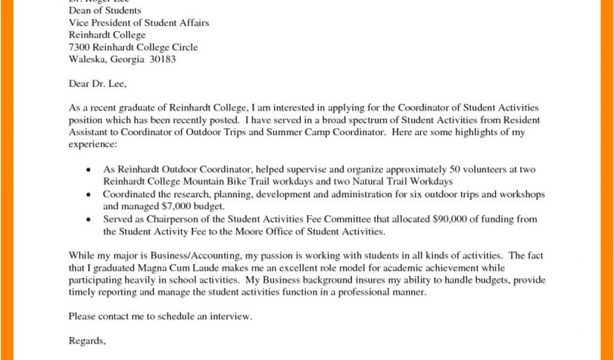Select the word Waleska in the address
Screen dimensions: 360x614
pyautogui.click(x=86, y=59)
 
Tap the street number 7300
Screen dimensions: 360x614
pyautogui.click(x=80, y=47)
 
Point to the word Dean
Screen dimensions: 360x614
pyautogui.click(x=79, y=11)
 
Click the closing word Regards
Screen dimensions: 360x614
pyautogui.click(x=87, y=341)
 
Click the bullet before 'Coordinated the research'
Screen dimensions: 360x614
pyautogui.click(x=89, y=195)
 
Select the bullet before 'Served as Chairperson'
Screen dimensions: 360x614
pyautogui.click(x=89, y=220)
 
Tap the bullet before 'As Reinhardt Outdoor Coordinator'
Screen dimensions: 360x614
pyautogui.click(x=89, y=170)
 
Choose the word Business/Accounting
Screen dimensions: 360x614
pyautogui.click(x=189, y=255)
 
